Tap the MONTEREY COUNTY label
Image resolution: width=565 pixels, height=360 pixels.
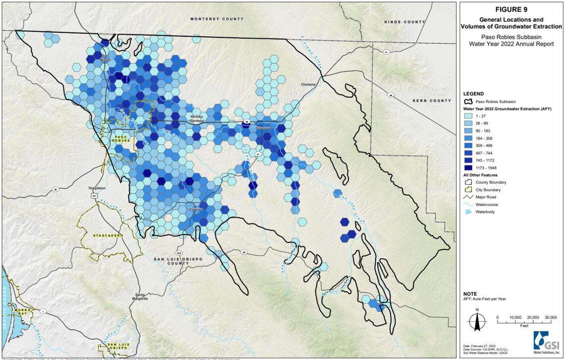(217, 18)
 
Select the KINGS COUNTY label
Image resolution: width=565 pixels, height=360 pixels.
(404, 22)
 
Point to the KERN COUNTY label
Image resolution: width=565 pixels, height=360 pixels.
(432, 101)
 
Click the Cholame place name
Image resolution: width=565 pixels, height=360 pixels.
(308, 84)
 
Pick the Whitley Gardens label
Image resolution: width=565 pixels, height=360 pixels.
(195, 119)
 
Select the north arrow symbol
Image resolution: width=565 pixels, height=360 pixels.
(477, 320)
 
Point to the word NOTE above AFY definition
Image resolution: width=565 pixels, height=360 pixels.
(470, 294)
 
